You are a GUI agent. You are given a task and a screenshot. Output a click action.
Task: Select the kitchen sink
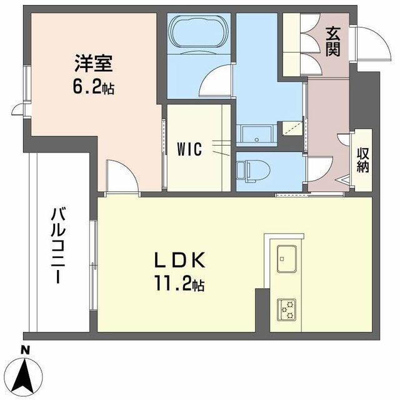click(x=287, y=259)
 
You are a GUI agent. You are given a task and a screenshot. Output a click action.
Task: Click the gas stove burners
click(x=286, y=310)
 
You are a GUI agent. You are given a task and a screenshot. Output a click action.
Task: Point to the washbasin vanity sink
click(x=256, y=136)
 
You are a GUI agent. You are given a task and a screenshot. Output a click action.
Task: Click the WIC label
click(x=189, y=149)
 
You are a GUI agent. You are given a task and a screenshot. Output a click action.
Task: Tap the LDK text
click(x=180, y=260)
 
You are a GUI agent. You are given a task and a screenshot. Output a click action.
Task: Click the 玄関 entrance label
click(x=333, y=41)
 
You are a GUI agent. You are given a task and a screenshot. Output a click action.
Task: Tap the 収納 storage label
click(x=362, y=161)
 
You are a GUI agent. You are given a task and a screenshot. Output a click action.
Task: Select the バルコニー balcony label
click(x=58, y=246)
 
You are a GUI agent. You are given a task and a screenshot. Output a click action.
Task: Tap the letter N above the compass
click(x=24, y=350)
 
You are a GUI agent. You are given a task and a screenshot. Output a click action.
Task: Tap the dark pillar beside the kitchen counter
click(x=262, y=310)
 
